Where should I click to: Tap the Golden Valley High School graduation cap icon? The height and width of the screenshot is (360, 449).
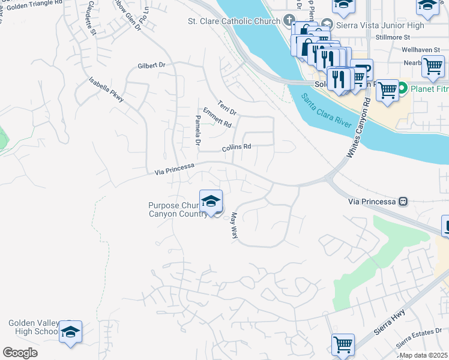click(70, 332)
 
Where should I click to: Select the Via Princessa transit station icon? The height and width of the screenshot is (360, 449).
click(404, 202)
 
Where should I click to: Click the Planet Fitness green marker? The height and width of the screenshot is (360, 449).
click(405, 88)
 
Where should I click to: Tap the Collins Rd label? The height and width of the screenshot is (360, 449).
click(236, 147)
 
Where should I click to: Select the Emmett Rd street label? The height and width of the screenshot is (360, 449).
click(217, 118)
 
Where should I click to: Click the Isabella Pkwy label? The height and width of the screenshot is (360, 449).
click(106, 90)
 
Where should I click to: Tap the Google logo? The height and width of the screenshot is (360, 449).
click(20, 353)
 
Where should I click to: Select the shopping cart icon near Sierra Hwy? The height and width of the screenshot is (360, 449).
click(343, 345)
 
